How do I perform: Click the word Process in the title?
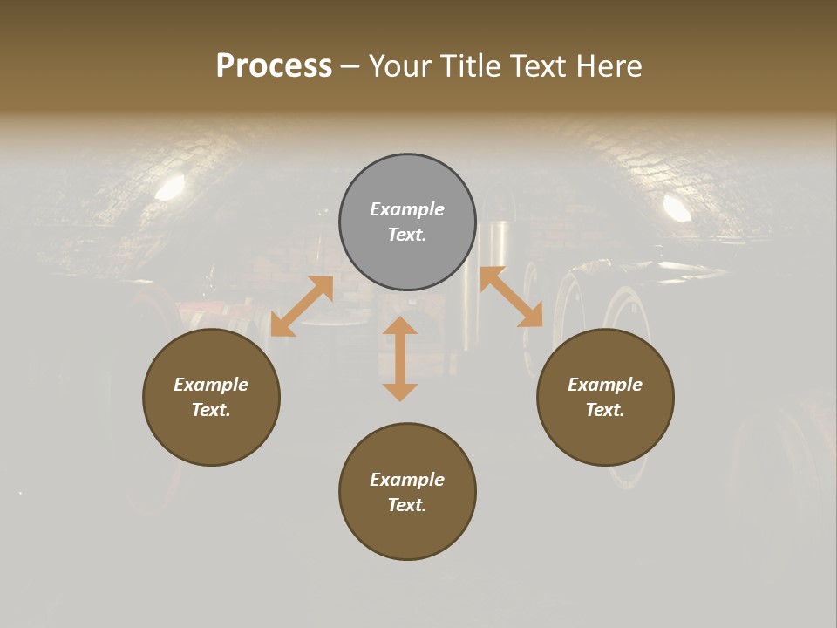[274, 66]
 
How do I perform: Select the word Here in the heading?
[609, 66]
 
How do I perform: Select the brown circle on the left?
[211, 436]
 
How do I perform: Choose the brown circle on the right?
[605, 436]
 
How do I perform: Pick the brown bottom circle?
[407, 532]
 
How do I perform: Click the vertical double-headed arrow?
[400, 358]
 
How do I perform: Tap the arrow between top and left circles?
[302, 306]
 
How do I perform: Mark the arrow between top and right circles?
[511, 297]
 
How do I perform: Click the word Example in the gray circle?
[407, 209]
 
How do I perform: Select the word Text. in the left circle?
[211, 410]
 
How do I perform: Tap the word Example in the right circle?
[605, 385]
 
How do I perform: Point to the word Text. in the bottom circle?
[407, 505]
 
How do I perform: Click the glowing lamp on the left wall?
[171, 187]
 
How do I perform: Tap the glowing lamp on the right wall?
[677, 207]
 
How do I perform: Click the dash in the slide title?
[350, 67]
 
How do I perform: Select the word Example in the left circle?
[211, 385]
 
